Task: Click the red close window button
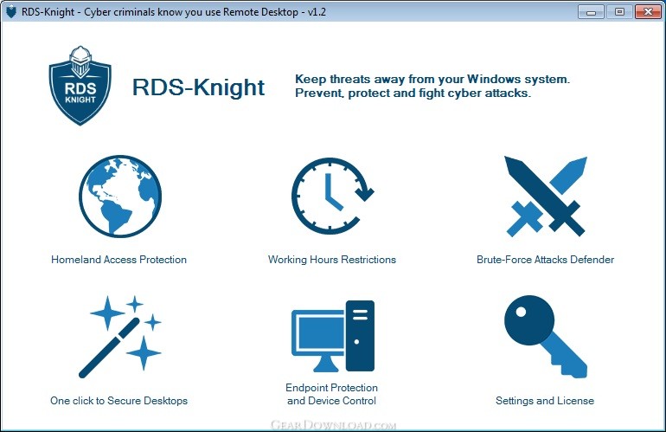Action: point(648,12)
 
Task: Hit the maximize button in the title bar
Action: point(619,12)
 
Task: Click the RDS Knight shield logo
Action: point(80,86)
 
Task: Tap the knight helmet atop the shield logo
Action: point(80,61)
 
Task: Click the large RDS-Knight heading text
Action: point(198,87)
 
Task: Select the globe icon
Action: point(120,196)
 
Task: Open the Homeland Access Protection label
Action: point(119,260)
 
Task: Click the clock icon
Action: point(332,196)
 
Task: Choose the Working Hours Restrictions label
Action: point(332,260)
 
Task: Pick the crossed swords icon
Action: point(546,196)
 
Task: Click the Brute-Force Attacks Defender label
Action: point(546,260)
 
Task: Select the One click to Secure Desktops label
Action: point(119,401)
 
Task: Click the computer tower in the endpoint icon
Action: point(360,336)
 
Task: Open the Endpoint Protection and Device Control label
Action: point(332,394)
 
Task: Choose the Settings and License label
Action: point(545,401)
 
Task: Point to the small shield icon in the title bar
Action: point(11,12)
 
